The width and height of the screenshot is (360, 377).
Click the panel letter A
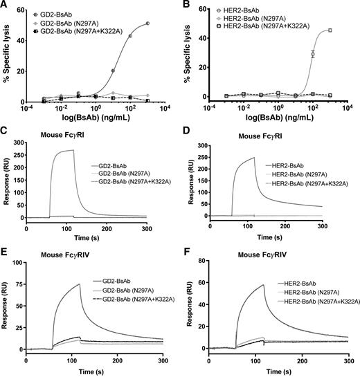[5, 6]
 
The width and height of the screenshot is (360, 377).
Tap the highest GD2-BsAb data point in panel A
[147, 24]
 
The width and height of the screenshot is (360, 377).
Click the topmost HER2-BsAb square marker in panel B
[330, 30]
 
